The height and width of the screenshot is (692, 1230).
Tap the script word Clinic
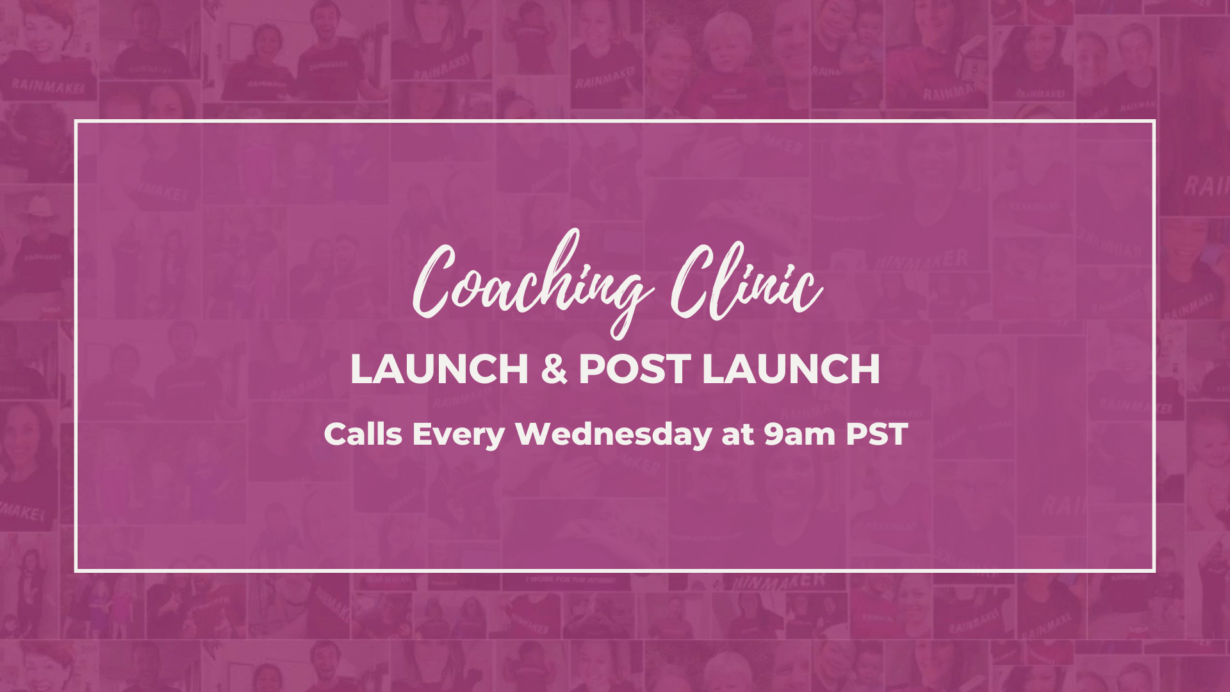[746, 282]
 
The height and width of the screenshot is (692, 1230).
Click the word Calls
[363, 434]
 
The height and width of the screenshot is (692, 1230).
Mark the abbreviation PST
[877, 434]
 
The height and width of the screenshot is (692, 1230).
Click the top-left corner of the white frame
[76, 120]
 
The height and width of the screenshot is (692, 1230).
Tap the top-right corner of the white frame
[1154, 120]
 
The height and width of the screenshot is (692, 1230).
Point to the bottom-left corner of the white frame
[76, 570]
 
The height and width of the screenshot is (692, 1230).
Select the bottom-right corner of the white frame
[1154, 570]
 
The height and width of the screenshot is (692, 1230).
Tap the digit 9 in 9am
[773, 434]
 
